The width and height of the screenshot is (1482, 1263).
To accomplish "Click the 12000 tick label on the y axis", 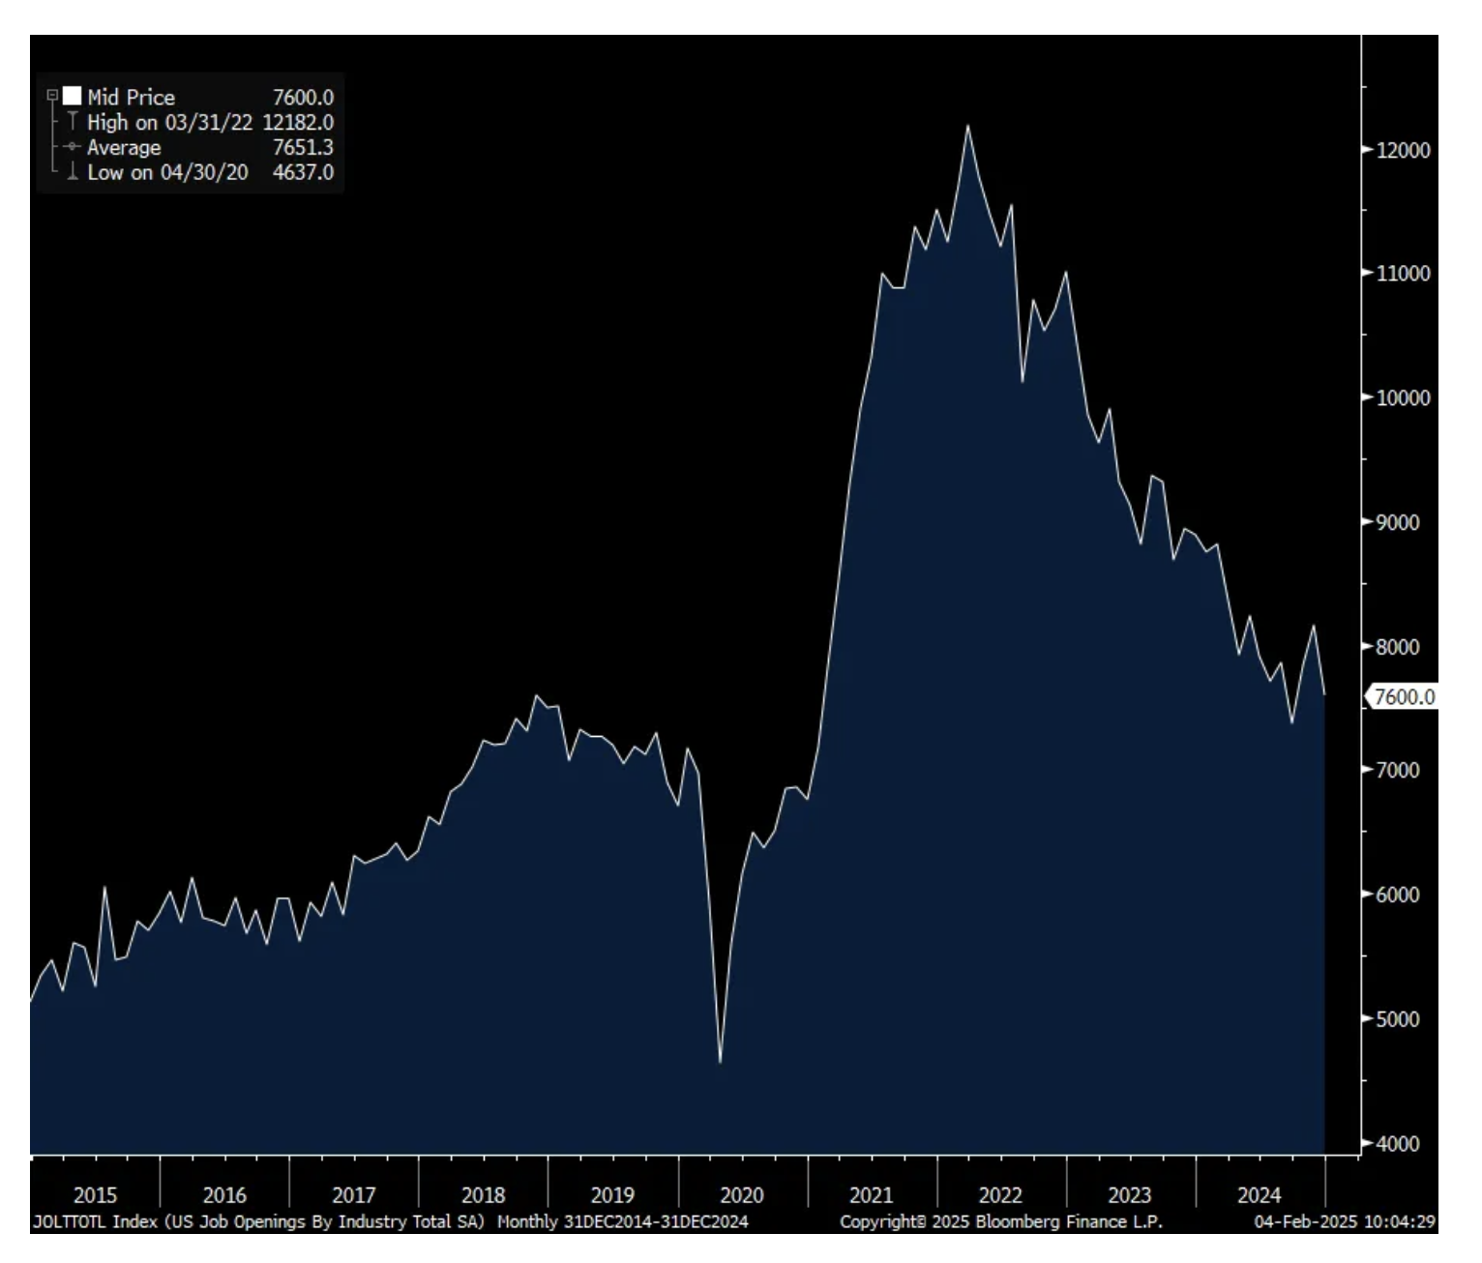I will [x=1403, y=150].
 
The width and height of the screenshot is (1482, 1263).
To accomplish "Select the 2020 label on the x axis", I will [x=742, y=1195].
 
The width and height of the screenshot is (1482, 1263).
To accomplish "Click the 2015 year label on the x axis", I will [x=95, y=1195].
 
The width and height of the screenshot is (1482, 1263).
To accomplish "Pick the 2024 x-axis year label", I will [x=1259, y=1195].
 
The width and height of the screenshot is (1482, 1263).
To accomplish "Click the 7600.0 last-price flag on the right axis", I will [x=1404, y=696].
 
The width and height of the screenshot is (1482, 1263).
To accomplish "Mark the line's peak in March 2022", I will [x=967, y=126].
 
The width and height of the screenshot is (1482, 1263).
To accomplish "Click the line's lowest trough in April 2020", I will [x=721, y=1063].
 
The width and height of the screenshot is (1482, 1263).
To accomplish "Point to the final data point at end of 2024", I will [x=1324, y=693].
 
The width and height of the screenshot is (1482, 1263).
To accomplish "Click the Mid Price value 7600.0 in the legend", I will [x=303, y=97].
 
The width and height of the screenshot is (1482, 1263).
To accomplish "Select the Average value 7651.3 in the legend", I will [x=303, y=147].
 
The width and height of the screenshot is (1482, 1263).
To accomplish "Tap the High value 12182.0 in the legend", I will [x=298, y=122].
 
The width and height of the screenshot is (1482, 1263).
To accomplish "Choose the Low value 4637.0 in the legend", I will [x=303, y=172].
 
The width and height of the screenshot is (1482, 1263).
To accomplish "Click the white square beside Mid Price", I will [x=73, y=96].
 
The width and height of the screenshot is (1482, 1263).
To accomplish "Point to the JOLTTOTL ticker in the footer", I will [x=70, y=1221].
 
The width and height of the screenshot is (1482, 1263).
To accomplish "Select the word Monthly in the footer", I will [x=527, y=1221].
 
